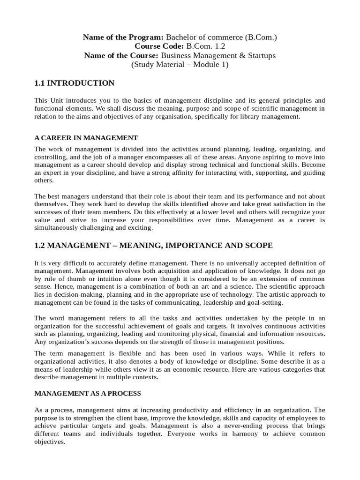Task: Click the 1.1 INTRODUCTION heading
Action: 75,83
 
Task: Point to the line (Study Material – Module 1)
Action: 180,65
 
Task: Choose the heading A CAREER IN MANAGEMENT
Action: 86,138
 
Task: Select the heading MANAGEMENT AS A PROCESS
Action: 88,393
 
